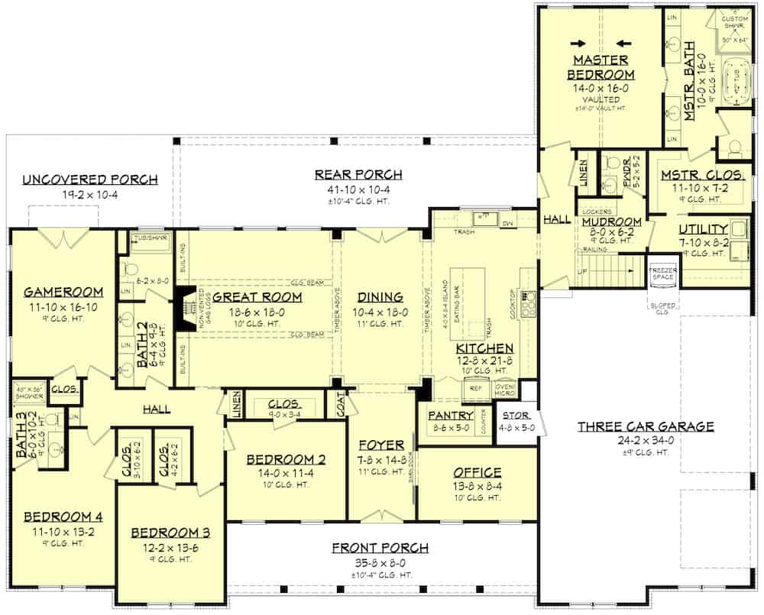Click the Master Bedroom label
pyautogui.click(x=600, y=67)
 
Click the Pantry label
pyautogui.click(x=451, y=416)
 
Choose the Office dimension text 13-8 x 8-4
pyautogui.click(x=477, y=485)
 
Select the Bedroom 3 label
pyautogui.click(x=170, y=532)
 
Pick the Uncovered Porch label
pyautogui.click(x=90, y=180)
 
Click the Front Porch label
pyautogui.click(x=380, y=548)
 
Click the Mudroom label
pyautogui.click(x=610, y=222)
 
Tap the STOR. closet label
pyautogui.click(x=511, y=416)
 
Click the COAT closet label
pyautogui.click(x=336, y=404)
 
